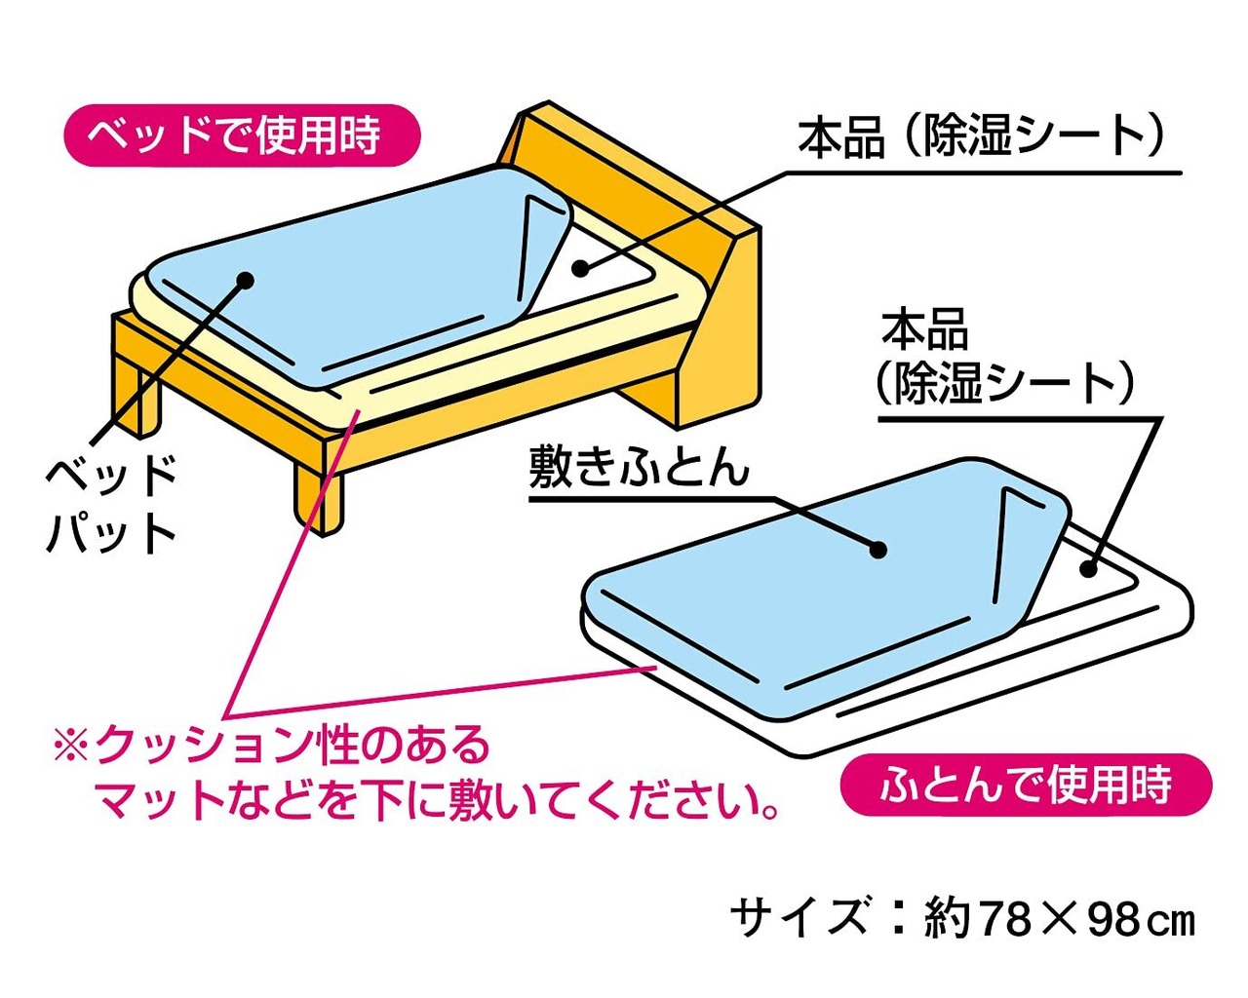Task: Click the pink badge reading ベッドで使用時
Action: point(242,134)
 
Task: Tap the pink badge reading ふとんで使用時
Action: point(1025,785)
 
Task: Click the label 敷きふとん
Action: point(639,468)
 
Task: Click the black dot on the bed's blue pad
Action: point(245,281)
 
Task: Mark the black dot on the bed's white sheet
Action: point(581,267)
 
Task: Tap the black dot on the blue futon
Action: point(878,550)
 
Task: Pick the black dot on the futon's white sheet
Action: point(1088,567)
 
